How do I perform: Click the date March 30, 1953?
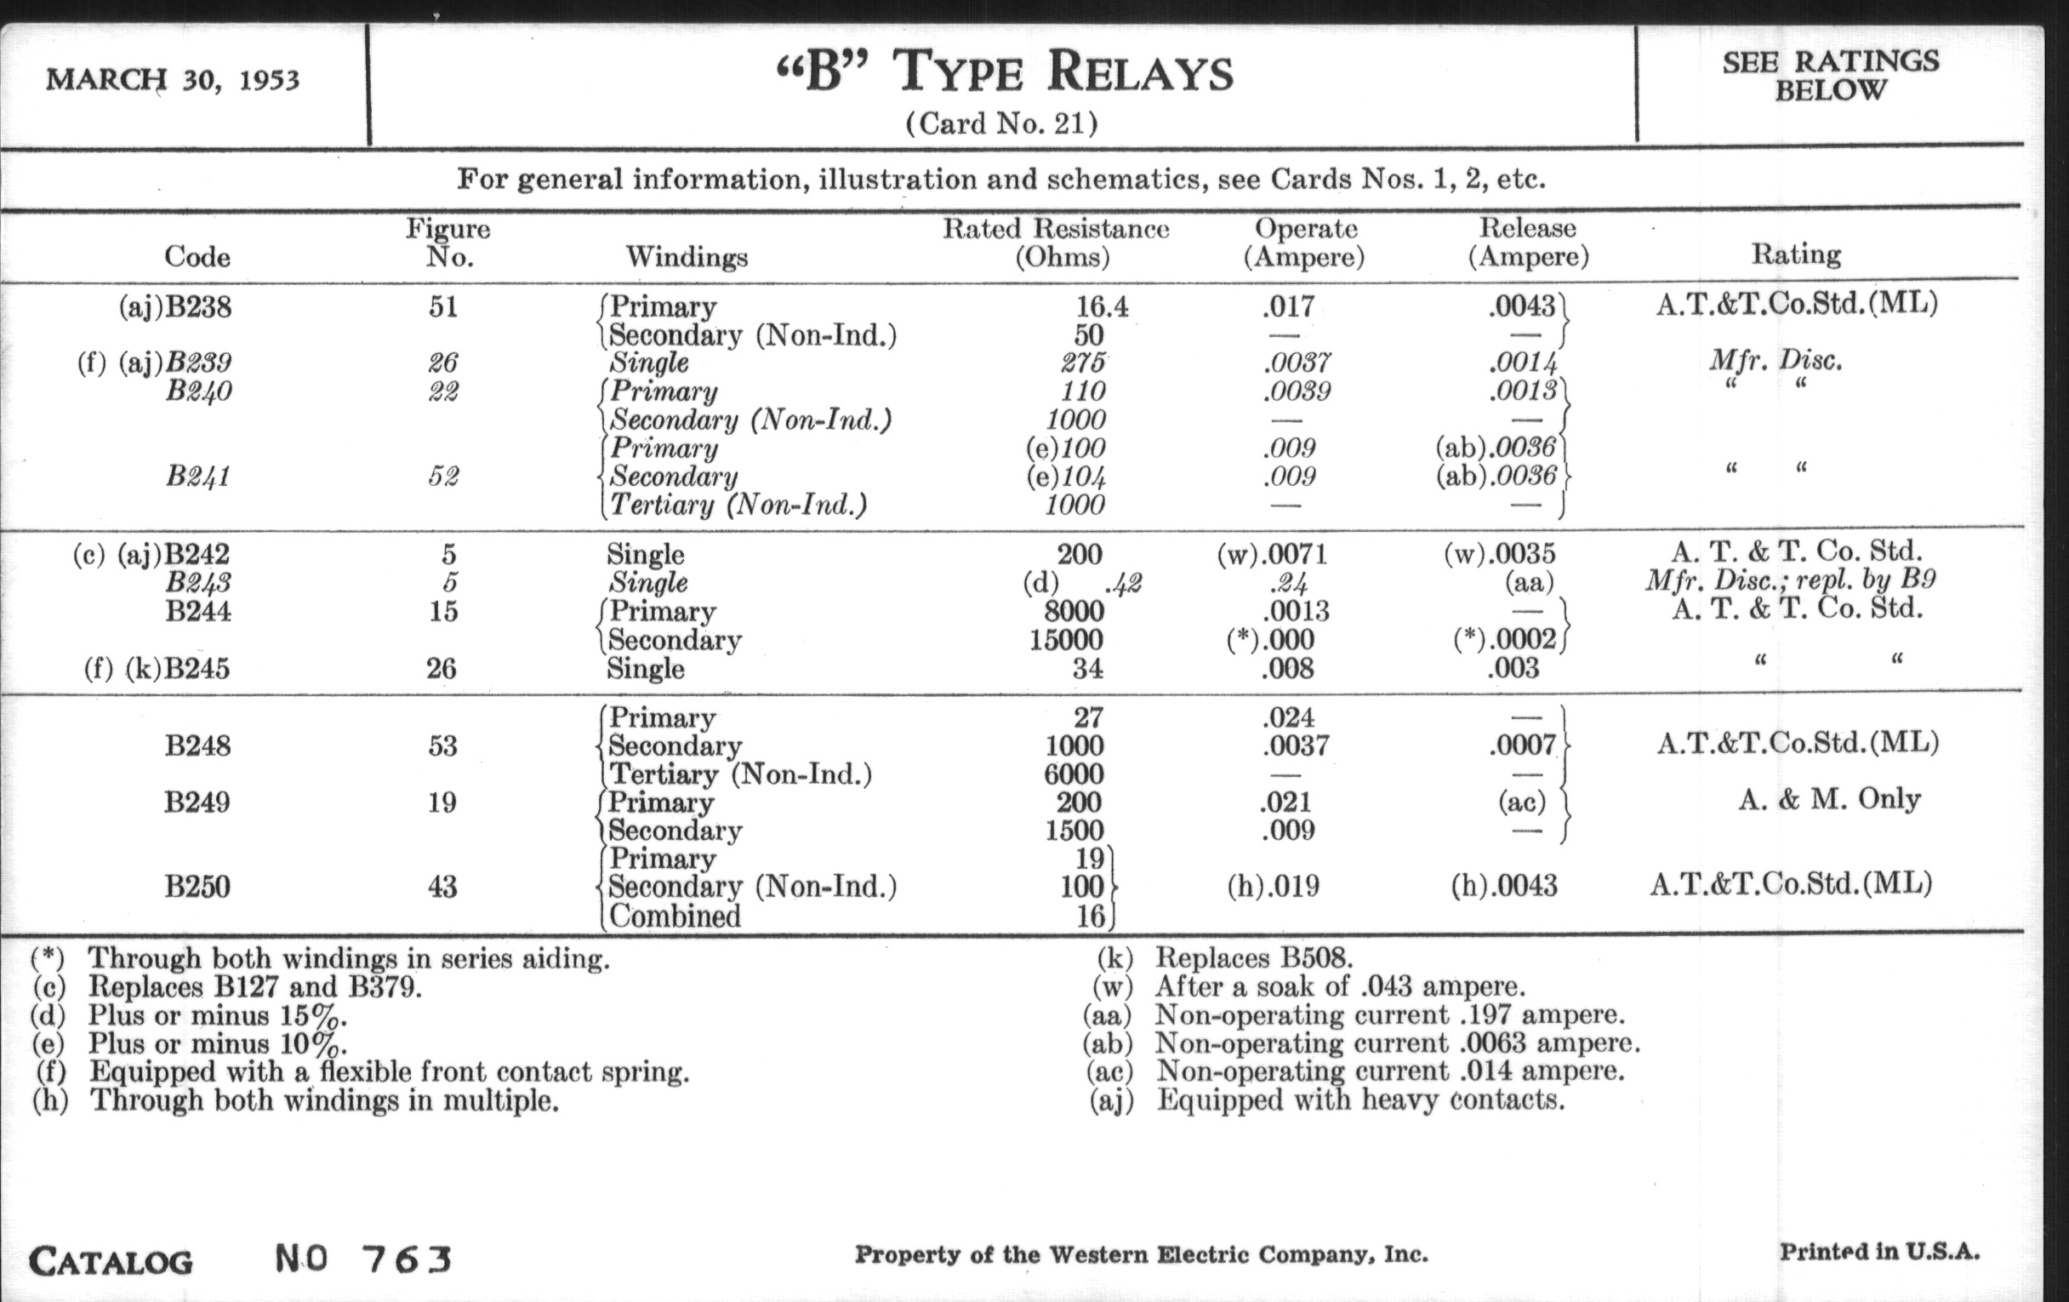tap(173, 80)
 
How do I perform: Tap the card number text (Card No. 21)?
tap(1001, 124)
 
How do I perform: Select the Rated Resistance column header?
tap(1056, 243)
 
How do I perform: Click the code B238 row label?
tap(197, 307)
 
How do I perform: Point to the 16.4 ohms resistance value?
tap(1103, 307)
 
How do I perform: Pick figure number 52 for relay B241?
tap(443, 476)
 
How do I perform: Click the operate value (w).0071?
tap(1273, 554)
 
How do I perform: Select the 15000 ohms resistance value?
tap(1066, 640)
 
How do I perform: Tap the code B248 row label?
tap(197, 745)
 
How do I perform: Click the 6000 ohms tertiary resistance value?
tap(1074, 774)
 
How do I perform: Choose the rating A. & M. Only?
tap(1829, 799)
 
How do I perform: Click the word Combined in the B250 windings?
tap(675, 917)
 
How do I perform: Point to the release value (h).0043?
tap(1503, 886)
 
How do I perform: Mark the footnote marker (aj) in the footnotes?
tap(1111, 1100)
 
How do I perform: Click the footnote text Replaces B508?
tap(1254, 957)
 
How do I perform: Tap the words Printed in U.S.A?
tap(1879, 1251)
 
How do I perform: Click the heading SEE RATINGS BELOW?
tap(1830, 76)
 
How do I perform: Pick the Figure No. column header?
tap(447, 243)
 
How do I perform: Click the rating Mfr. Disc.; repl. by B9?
tap(1791, 581)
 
